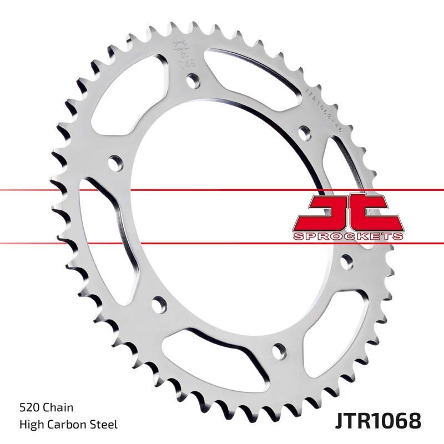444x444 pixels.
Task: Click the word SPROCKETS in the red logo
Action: pyautogui.click(x=348, y=236)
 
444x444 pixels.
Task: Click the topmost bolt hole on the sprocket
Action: pyautogui.click(x=192, y=82)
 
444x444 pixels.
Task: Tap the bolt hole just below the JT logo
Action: pyautogui.click(x=347, y=261)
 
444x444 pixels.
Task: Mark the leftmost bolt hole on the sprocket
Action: pyautogui.click(x=115, y=163)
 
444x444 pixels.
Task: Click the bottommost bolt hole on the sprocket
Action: pyautogui.click(x=280, y=350)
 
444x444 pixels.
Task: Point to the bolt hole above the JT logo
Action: pyautogui.click(x=304, y=133)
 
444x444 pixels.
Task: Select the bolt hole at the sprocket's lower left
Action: pyautogui.click(x=159, y=304)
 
